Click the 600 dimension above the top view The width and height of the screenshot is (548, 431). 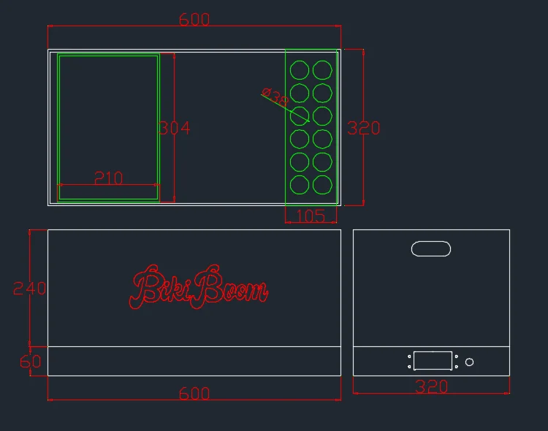click(x=194, y=20)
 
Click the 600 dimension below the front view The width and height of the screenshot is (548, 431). click(x=194, y=394)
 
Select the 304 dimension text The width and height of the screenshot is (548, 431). click(x=175, y=128)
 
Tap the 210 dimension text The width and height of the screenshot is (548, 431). click(x=109, y=178)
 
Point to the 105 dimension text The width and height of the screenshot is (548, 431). click(x=311, y=215)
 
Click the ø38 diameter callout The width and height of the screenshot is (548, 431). click(x=275, y=97)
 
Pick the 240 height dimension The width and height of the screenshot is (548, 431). click(x=29, y=289)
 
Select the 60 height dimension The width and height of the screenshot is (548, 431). click(x=31, y=361)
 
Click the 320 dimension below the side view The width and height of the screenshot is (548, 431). click(x=431, y=386)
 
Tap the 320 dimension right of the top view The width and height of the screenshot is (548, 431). click(x=363, y=128)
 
